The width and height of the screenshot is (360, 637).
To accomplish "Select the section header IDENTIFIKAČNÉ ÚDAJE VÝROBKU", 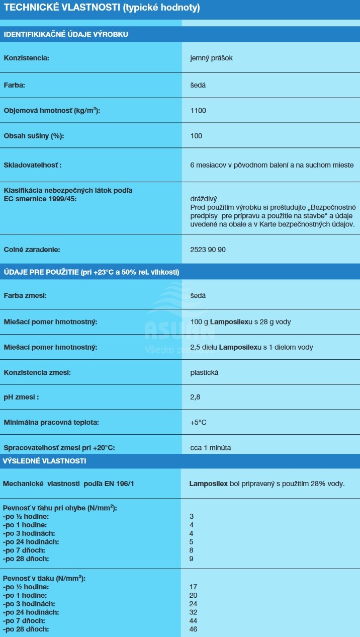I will (x=66, y=34).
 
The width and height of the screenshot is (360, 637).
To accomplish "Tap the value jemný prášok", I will (x=211, y=58).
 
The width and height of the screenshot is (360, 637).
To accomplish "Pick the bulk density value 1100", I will (x=198, y=110).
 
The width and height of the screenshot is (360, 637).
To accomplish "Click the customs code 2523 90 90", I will (x=211, y=249).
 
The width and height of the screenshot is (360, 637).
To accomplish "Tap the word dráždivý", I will (x=203, y=198).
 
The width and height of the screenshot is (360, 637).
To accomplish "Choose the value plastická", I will (x=204, y=373).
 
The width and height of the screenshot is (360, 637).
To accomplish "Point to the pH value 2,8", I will (x=195, y=397).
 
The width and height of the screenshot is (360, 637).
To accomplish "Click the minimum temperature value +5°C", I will (x=198, y=422).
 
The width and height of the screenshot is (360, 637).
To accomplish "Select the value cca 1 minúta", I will (x=211, y=447).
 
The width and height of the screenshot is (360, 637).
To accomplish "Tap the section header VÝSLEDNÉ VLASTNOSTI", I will (x=45, y=461).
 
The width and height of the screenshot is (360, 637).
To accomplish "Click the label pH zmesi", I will (x=21, y=397).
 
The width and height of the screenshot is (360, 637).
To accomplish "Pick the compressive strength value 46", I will (x=194, y=629).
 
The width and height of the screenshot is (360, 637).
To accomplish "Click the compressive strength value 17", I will (x=194, y=587).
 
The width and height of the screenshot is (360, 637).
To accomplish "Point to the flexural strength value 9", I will (x=192, y=559).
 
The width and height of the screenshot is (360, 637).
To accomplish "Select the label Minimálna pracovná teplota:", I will (x=51, y=422).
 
